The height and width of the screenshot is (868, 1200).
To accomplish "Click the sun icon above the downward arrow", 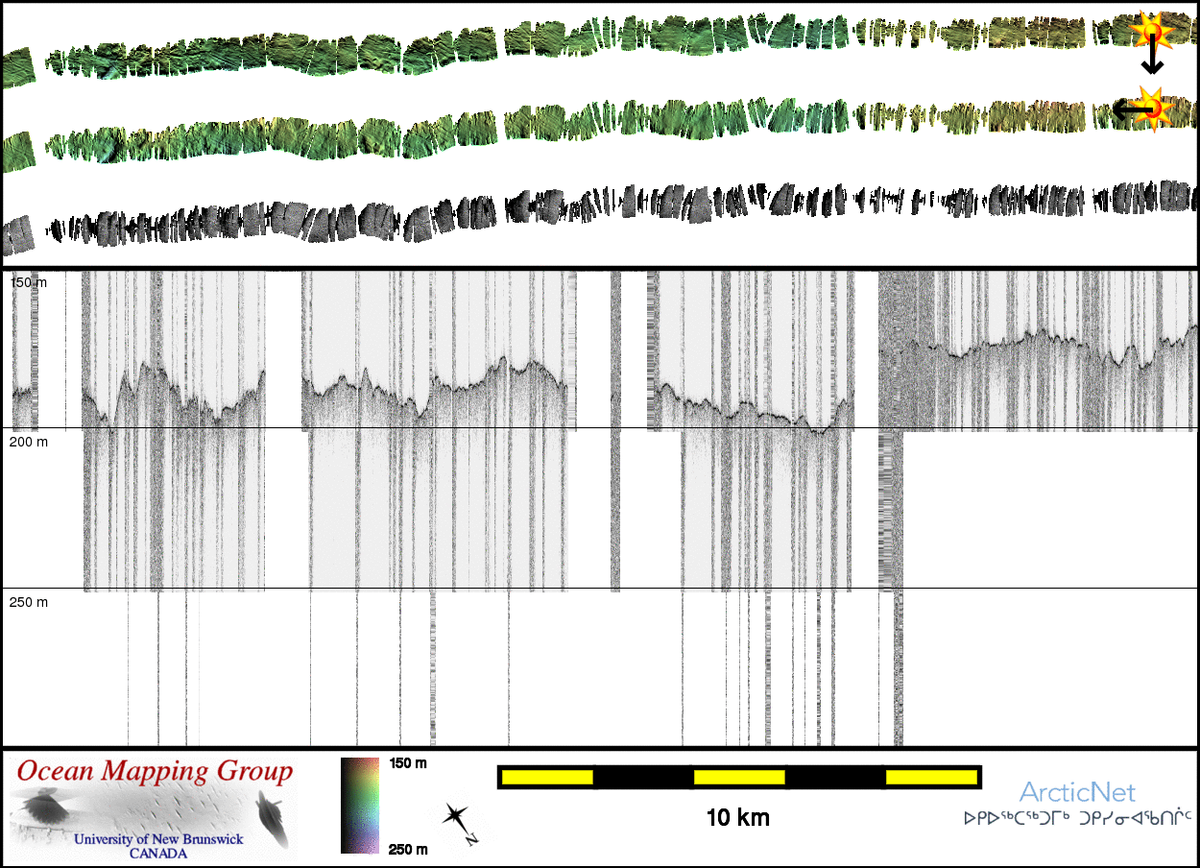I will pyautogui.click(x=1150, y=32).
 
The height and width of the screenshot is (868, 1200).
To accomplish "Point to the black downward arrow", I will pyautogui.click(x=1151, y=62).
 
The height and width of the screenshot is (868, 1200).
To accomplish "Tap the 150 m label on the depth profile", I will pyautogui.click(x=28, y=282).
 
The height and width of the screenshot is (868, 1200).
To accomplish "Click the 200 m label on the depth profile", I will pyautogui.click(x=28, y=442).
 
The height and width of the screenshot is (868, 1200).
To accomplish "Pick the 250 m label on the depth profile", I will pyautogui.click(x=28, y=602).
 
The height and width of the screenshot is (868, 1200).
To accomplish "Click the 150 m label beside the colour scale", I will pyautogui.click(x=409, y=763).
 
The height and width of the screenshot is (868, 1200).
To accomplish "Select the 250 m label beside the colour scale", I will pyautogui.click(x=409, y=849).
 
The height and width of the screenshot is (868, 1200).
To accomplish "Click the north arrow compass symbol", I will pyautogui.click(x=458, y=821).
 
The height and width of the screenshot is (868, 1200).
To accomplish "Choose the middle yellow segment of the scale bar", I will pyautogui.click(x=739, y=776).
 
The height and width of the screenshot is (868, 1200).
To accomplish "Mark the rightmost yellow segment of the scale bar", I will pyautogui.click(x=930, y=776).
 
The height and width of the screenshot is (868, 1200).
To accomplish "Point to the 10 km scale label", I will pyautogui.click(x=738, y=818).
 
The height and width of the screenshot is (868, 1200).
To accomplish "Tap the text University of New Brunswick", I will pyautogui.click(x=158, y=839).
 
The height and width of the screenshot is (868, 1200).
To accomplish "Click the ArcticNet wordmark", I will pyautogui.click(x=1077, y=793).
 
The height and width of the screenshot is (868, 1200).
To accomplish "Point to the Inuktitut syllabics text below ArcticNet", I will pyautogui.click(x=1077, y=820).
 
